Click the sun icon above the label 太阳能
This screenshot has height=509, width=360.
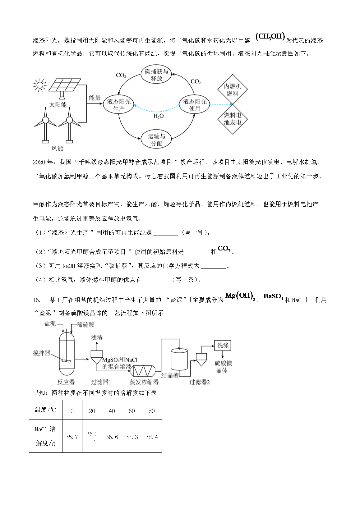pyautogui.click(x=40, y=85)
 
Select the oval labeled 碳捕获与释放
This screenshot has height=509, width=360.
pyautogui.click(x=156, y=75)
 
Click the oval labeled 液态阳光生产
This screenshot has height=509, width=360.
pyautogui.click(x=119, y=105)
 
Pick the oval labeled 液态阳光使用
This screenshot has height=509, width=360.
pyautogui.click(x=195, y=105)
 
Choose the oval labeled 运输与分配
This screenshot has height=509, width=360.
pyautogui.click(x=156, y=140)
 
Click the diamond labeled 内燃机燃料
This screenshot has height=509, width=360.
pyautogui.click(x=232, y=89)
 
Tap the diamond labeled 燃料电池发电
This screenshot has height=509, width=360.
pyautogui.click(x=232, y=119)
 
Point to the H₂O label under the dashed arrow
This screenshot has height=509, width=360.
pyautogui.click(x=159, y=116)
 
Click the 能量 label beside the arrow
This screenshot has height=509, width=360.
pyautogui.click(x=95, y=98)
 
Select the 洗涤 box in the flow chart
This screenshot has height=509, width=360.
pyautogui.click(x=223, y=345)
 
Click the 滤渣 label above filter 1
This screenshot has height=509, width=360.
pyautogui.click(x=97, y=338)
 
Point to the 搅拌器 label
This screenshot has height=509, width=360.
pyautogui.click(x=42, y=353)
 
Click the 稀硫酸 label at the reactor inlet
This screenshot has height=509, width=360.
pyautogui.click(x=85, y=325)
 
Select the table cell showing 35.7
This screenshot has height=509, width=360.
pyautogui.click(x=72, y=437)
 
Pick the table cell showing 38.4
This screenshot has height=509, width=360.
pyautogui.click(x=152, y=437)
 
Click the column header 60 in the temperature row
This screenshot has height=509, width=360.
pyautogui.click(x=132, y=411)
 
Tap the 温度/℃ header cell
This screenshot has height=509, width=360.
pyautogui.click(x=45, y=410)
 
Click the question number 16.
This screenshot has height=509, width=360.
pyautogui.click(x=36, y=300)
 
